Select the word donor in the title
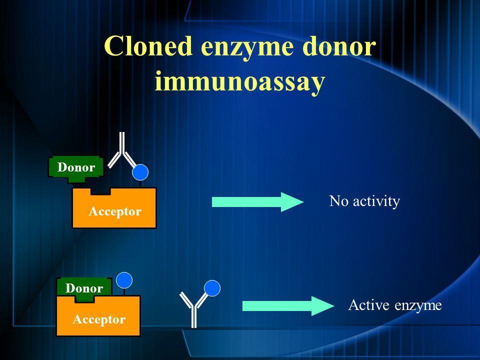(x=339, y=45)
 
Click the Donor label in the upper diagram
(x=76, y=167)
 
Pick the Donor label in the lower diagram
(x=84, y=288)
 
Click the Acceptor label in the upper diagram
(x=115, y=211)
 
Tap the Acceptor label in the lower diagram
(x=99, y=319)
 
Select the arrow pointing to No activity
(x=257, y=202)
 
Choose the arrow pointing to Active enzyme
(x=288, y=306)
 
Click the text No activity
(x=364, y=201)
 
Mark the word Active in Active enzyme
(x=369, y=305)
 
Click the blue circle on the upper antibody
(x=140, y=172)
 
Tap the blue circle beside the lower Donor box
(x=124, y=280)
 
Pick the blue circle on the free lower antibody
(x=212, y=288)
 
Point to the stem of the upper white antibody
(x=122, y=142)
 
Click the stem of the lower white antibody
(x=194, y=317)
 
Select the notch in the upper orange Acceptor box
(x=100, y=191)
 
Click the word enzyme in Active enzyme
(x=418, y=306)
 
